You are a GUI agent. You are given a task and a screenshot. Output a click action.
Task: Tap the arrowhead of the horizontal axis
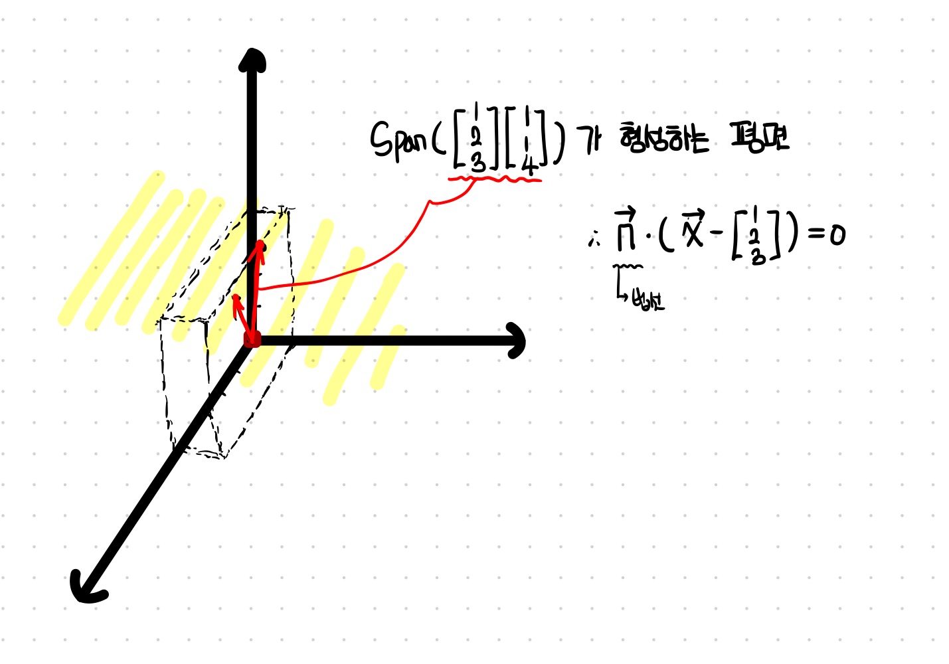coord(516,341)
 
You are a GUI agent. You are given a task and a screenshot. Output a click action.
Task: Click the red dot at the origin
coord(252,341)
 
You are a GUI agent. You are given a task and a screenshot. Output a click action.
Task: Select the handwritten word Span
coord(398,141)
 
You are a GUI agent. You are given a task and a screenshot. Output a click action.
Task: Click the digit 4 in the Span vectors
coord(529,167)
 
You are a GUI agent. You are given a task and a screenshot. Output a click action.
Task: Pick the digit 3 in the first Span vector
coord(477,161)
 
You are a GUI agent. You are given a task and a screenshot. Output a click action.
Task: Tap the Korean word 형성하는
coord(663,139)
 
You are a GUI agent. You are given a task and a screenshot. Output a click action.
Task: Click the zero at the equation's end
coord(837,234)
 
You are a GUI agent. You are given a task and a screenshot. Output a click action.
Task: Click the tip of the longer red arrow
coord(260,245)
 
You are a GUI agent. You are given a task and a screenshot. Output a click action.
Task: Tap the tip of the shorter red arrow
coord(236,298)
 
